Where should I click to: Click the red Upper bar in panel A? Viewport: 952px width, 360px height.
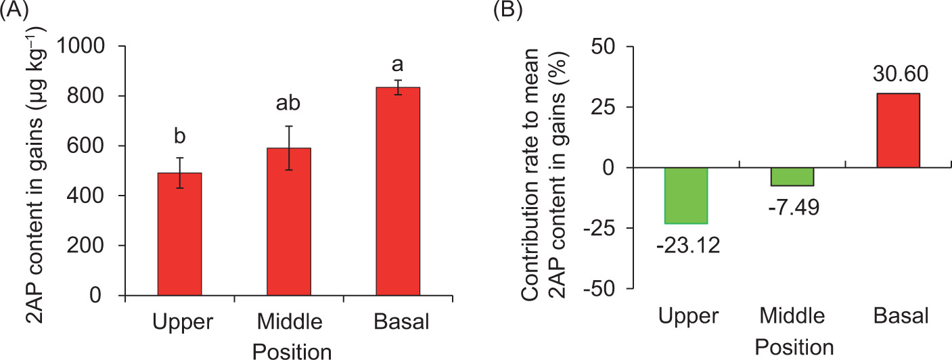coord(179,234)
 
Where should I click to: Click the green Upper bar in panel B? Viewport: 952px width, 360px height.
coord(685,196)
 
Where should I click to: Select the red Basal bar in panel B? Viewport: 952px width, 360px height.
coord(898,131)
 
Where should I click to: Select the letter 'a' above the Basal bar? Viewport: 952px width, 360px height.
coord(398,66)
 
